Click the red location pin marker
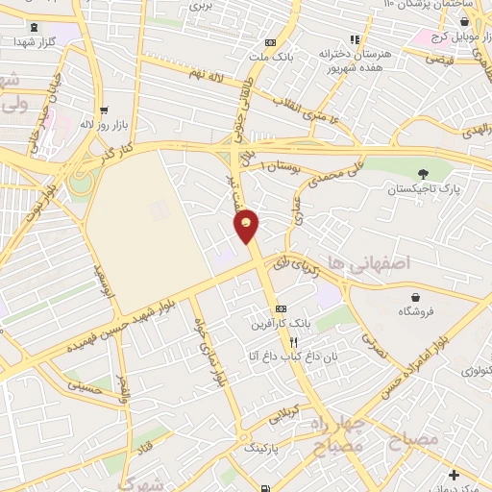[247, 225]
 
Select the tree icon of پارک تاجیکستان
[422, 173]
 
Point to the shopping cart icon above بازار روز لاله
[103, 109]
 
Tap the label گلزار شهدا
[37, 43]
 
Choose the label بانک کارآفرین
[275, 323]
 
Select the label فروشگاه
[416, 312]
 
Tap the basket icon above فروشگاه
[415, 297]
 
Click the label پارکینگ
[261, 448]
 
